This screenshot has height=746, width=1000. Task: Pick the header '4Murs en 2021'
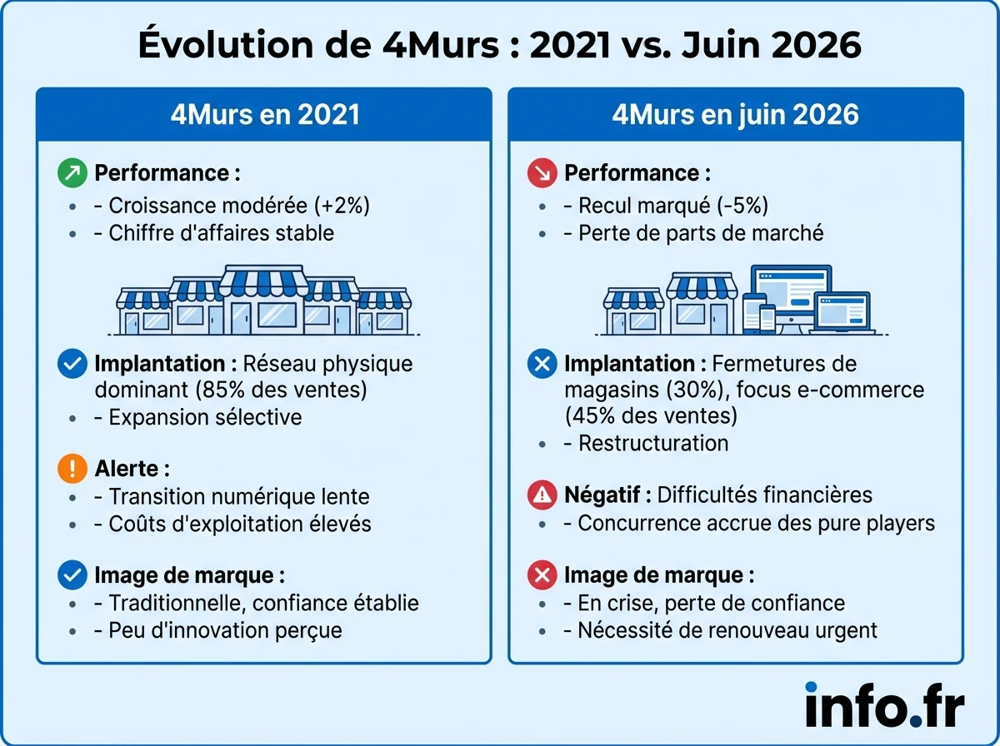264,113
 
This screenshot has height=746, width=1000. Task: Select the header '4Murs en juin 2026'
735,113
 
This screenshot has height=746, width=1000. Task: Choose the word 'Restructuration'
653,443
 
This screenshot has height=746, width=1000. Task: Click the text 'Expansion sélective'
205,416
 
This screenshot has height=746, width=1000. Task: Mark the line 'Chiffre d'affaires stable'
221,232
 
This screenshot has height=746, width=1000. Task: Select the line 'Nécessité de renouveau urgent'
727,630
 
